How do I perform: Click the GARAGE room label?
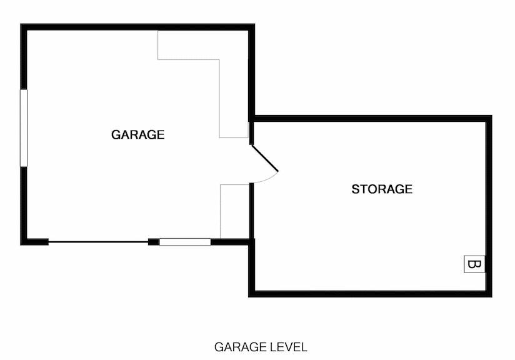(137, 134)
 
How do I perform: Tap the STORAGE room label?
(381, 189)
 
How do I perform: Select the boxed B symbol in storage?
(474, 264)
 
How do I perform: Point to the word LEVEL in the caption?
(289, 346)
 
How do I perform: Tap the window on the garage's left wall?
(24, 127)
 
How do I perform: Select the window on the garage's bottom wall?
(184, 241)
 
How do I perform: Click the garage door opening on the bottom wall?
(98, 242)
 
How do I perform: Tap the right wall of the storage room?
(489, 206)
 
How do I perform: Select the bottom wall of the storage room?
(369, 292)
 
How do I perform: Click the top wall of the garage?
(137, 27)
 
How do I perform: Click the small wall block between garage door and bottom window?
(153, 242)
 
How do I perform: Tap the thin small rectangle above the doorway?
(249, 131)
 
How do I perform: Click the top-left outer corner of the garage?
(23, 26)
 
